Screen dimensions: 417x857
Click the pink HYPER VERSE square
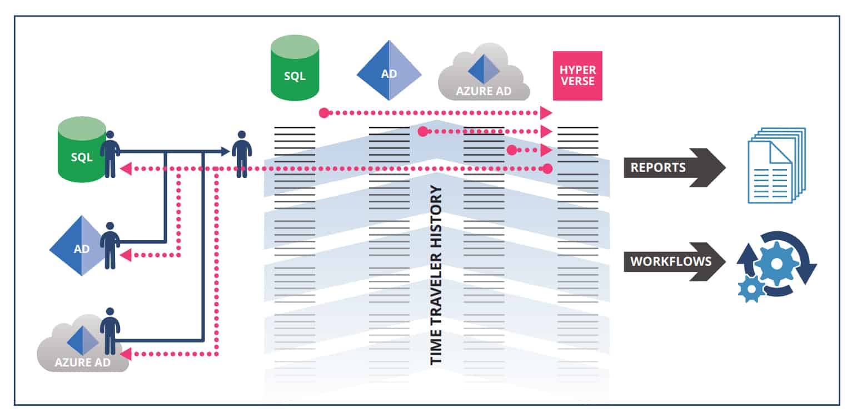(577, 76)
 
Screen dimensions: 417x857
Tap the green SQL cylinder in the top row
(295, 68)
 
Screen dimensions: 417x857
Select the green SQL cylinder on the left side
(81, 150)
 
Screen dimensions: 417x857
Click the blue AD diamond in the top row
(388, 71)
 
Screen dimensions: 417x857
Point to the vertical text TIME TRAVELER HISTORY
(436, 275)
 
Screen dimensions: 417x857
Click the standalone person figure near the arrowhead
(241, 154)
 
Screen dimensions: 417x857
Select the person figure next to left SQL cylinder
(110, 154)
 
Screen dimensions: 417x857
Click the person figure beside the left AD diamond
(110, 245)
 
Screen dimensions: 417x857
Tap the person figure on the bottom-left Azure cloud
(110, 331)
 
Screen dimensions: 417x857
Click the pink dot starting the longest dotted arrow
(324, 113)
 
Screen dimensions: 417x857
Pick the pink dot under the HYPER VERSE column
(547, 168)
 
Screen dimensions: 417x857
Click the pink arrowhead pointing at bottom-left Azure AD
(126, 354)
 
